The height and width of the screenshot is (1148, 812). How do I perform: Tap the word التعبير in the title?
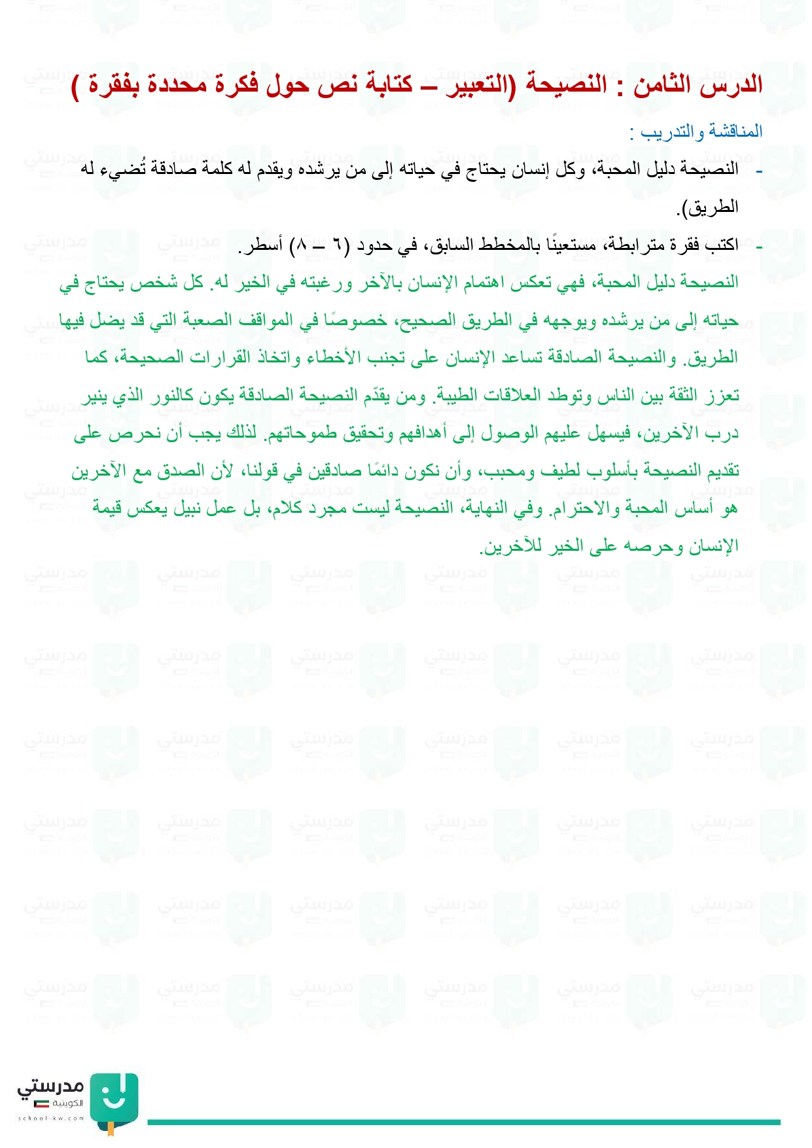coord(479,86)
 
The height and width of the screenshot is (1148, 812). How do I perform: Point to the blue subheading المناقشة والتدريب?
coord(701,132)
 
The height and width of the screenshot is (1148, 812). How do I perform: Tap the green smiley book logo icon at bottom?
coord(113,1100)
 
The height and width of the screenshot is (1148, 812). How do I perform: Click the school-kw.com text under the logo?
coord(51,1118)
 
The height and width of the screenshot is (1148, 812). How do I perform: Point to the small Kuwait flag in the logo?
coord(42,1104)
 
